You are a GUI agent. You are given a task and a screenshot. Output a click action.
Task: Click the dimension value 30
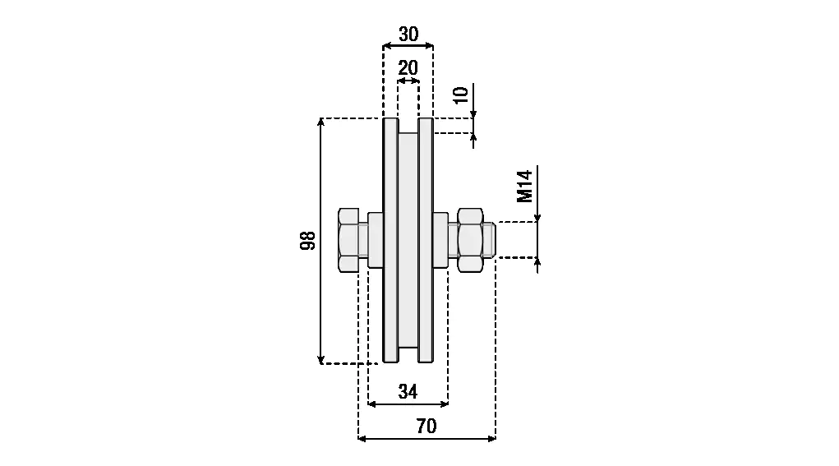pos(408,35)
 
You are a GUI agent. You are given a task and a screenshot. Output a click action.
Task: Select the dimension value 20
pos(408,68)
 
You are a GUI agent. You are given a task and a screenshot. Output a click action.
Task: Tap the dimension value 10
pos(460,95)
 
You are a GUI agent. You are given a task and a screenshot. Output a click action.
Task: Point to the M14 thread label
pos(525,187)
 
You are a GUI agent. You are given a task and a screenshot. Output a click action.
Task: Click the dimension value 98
pos(307,241)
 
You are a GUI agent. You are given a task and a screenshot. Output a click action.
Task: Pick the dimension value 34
pos(408,392)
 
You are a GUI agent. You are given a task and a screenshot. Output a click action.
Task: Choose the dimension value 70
pos(426,427)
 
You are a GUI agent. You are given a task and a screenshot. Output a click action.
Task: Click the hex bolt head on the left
pos(348,239)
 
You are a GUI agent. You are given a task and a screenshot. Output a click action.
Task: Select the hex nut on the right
pos(470,239)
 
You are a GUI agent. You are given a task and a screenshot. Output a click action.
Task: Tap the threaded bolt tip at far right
pos(489,239)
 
